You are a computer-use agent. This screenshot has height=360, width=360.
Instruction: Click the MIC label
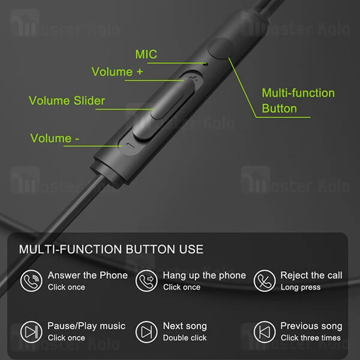pyautogui.click(x=146, y=55)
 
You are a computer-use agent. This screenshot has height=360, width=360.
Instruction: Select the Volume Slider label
pyautogui.click(x=67, y=100)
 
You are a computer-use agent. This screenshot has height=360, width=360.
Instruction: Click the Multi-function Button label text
pyautogui.click(x=298, y=101)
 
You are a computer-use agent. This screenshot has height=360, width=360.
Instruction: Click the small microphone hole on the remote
pyautogui.click(x=206, y=62)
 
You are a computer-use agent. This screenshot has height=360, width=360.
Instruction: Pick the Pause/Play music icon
pyautogui.click(x=31, y=331)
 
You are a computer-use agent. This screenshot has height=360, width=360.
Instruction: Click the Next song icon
pyautogui.click(x=146, y=331)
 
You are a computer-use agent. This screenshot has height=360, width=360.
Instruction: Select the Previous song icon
pyautogui.click(x=264, y=331)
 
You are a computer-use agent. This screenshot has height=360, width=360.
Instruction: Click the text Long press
pyautogui.click(x=300, y=287)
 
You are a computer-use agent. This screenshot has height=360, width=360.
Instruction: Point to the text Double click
pyautogui.click(x=184, y=338)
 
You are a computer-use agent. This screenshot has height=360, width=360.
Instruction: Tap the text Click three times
pyautogui.click(x=310, y=338)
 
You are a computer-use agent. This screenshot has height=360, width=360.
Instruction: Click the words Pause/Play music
pyautogui.click(x=86, y=326)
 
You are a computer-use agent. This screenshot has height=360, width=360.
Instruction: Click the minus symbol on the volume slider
pyautogui.click(x=124, y=145)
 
